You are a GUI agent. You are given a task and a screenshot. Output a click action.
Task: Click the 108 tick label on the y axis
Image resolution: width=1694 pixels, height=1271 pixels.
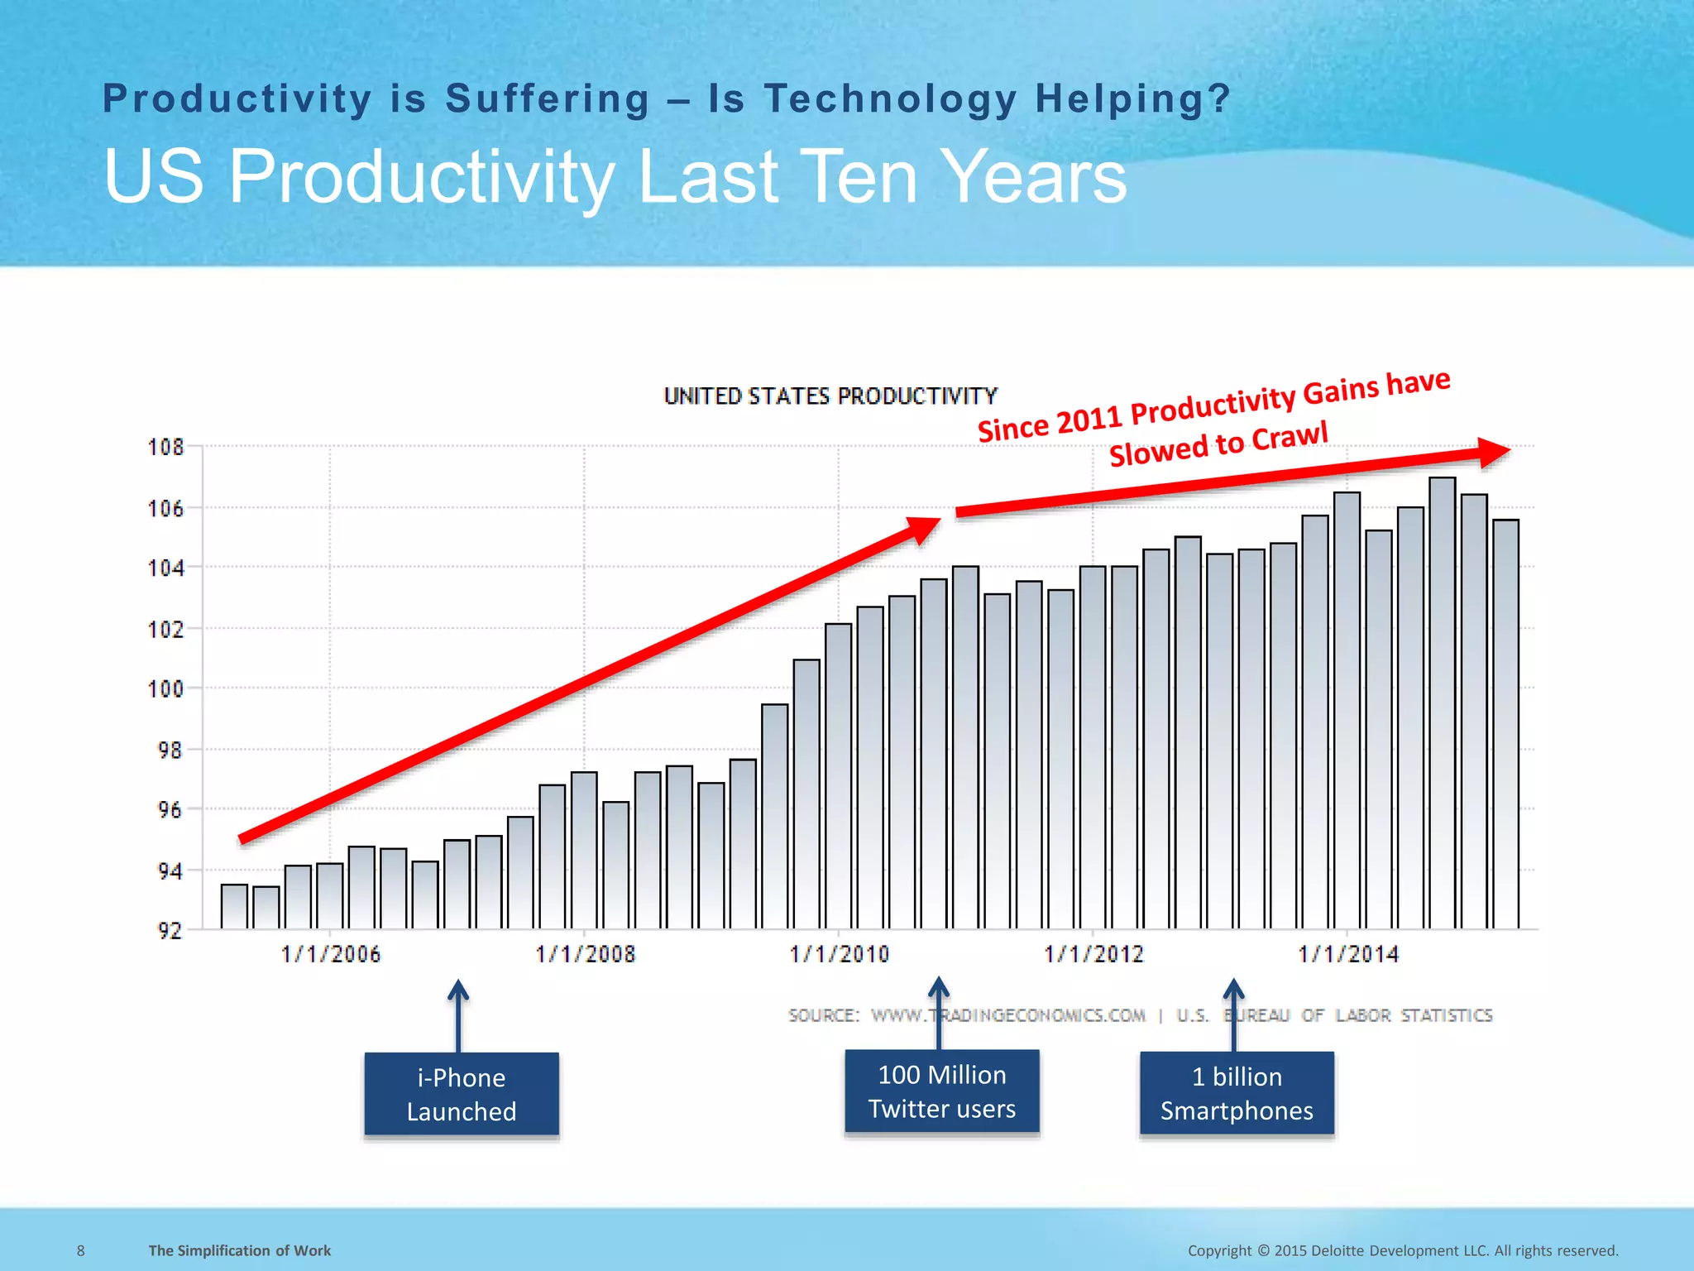click(165, 448)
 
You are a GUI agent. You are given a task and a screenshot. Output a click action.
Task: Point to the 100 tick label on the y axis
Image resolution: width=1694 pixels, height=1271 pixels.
click(165, 689)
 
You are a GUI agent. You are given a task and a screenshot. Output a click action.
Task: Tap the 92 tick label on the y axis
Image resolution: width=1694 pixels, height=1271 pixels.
click(170, 931)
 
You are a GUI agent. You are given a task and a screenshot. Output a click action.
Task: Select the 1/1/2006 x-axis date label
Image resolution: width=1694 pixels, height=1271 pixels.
click(331, 955)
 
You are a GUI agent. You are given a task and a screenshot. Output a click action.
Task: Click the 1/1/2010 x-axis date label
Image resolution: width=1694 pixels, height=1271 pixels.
click(840, 955)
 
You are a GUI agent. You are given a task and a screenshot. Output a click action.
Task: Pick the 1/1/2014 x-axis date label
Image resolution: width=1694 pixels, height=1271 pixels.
click(1348, 955)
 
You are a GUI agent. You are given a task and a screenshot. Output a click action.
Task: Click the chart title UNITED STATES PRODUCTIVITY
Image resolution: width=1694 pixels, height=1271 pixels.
click(830, 396)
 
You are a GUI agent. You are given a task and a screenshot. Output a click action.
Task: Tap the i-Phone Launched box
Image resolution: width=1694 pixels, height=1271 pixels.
click(462, 1094)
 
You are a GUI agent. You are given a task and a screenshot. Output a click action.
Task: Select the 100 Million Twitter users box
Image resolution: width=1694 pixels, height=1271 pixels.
click(941, 1091)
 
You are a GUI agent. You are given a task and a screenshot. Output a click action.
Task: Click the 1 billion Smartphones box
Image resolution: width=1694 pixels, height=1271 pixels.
click(1237, 1093)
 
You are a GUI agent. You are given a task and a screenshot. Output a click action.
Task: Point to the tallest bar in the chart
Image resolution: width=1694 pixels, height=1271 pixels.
click(1442, 703)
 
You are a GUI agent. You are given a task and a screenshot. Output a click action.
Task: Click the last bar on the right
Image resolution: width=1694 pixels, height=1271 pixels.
click(1505, 724)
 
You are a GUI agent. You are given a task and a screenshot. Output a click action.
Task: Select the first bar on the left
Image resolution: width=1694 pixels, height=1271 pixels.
click(234, 907)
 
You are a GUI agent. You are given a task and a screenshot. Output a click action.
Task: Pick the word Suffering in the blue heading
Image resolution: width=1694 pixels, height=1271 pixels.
click(548, 99)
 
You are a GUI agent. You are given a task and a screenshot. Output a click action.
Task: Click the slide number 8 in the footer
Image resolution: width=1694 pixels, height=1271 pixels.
click(80, 1250)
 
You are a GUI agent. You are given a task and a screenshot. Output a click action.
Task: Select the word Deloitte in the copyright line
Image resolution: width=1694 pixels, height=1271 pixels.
click(1337, 1250)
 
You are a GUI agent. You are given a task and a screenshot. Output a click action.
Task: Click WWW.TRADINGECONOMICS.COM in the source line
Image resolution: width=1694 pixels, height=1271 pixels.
click(1008, 1015)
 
